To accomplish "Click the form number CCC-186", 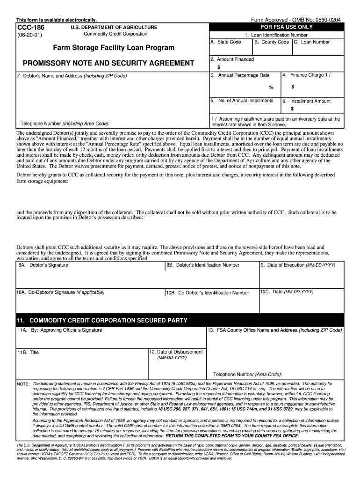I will (x=29, y=28).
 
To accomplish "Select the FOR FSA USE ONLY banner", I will (x=276, y=27).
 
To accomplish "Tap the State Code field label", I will (x=226, y=42).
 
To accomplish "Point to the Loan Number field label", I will (x=312, y=42).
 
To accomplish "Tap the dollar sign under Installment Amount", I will (x=292, y=109).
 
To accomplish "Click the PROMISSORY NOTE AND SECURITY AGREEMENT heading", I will (x=105, y=63).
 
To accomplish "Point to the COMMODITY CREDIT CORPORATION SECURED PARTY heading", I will (x=101, y=320).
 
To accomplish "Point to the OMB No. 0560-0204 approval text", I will (x=295, y=20).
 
